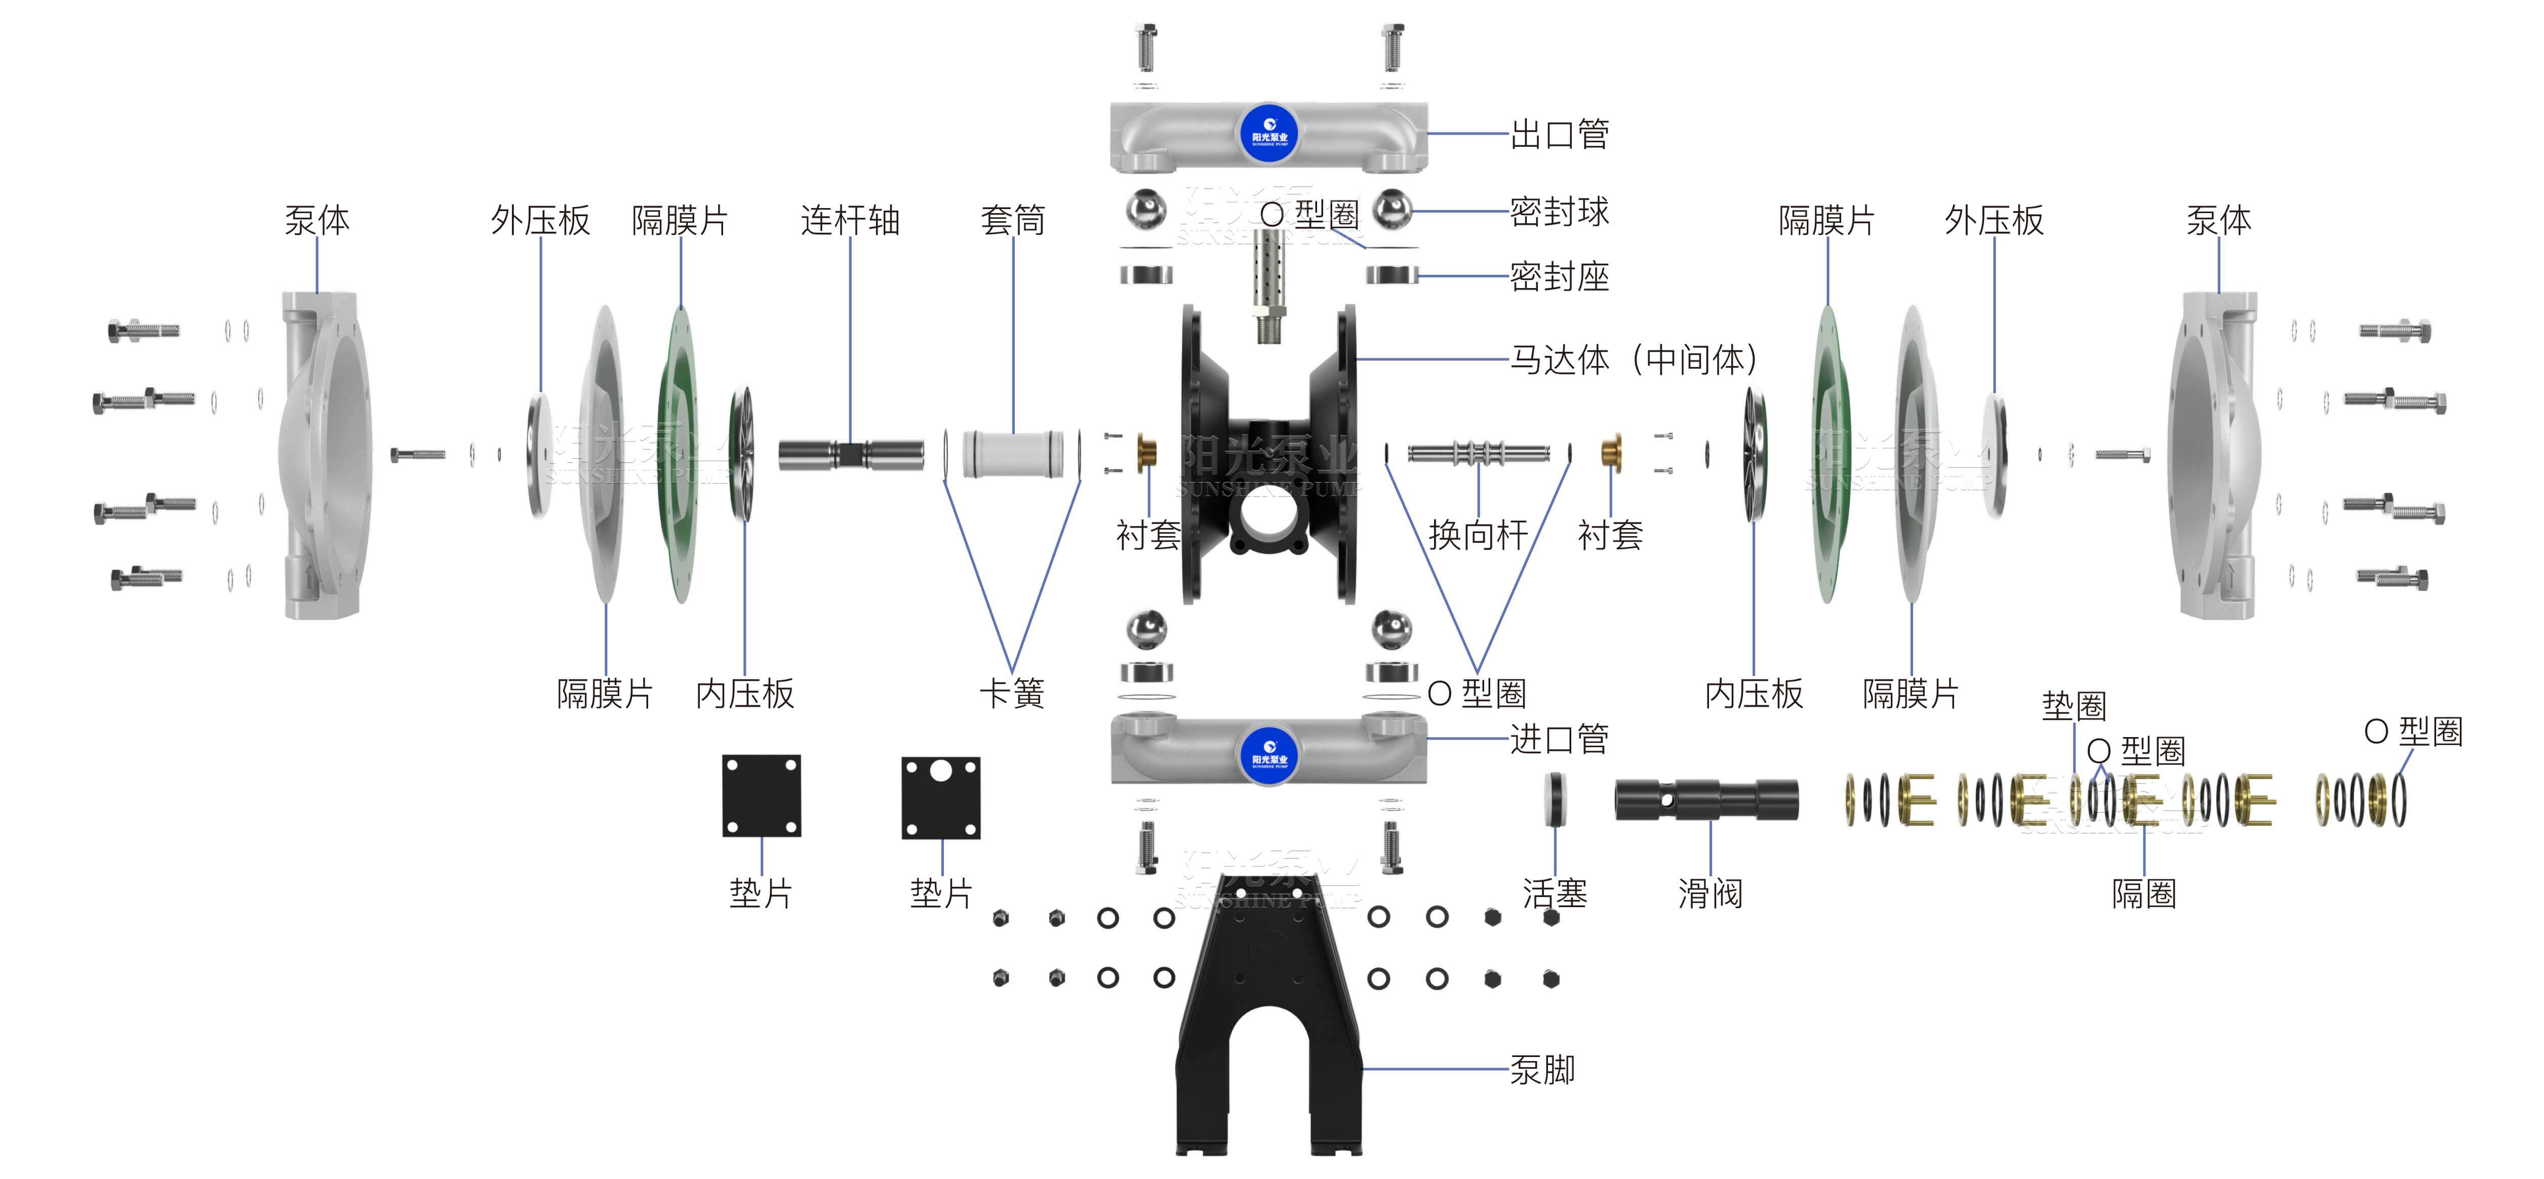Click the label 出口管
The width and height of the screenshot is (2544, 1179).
coord(1560,134)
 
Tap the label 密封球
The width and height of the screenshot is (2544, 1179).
coord(1560,211)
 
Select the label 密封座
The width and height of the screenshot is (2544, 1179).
coord(1560,276)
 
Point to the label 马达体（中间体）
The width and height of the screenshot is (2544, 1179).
coord(1635,359)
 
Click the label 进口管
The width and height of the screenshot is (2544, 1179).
coord(1560,739)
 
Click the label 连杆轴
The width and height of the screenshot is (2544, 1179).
coord(850,220)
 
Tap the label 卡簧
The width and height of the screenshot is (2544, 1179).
coord(1011,693)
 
